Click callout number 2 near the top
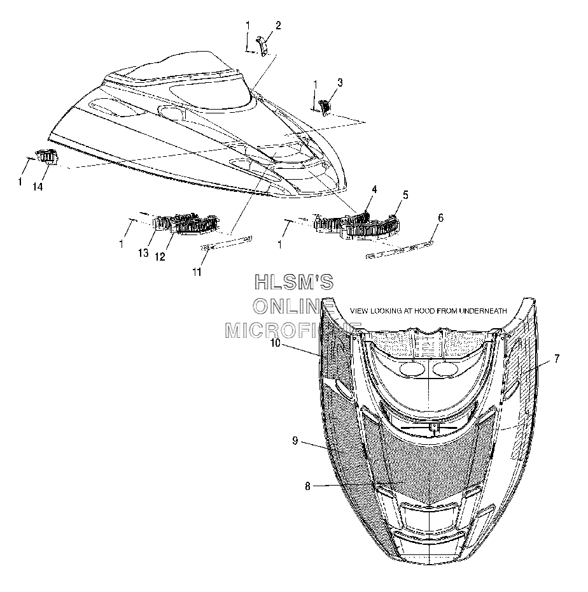(x=278, y=25)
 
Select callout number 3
(x=340, y=83)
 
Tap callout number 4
(x=374, y=189)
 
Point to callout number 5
(x=405, y=195)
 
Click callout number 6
(x=440, y=218)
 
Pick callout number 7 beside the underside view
(x=557, y=359)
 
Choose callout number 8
(x=307, y=487)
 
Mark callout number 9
(x=295, y=440)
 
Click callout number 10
(x=276, y=343)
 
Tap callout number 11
(x=197, y=272)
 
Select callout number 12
(x=160, y=257)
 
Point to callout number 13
(x=143, y=253)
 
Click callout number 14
(x=38, y=187)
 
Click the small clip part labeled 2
(x=263, y=46)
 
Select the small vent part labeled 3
(x=325, y=107)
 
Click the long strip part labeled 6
(x=400, y=249)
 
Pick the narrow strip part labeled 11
(x=226, y=243)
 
